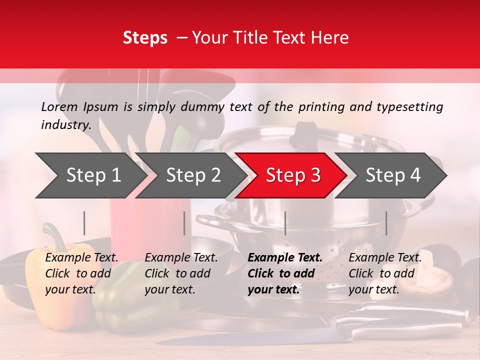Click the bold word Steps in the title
pos(145,38)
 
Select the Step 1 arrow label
pos(93,175)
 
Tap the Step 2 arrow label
pos(193,175)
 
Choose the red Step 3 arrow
pos(293,175)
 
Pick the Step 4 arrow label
pos(393,175)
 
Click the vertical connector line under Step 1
pos(84,223)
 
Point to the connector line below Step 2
pos(184,223)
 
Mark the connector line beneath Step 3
pos(285,223)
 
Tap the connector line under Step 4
pos(386,223)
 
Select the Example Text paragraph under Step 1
pos(81,273)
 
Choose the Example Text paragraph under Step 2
pos(181,273)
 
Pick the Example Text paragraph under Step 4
pos(384,273)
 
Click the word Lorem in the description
pos(58,106)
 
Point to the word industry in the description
pos(65,124)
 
